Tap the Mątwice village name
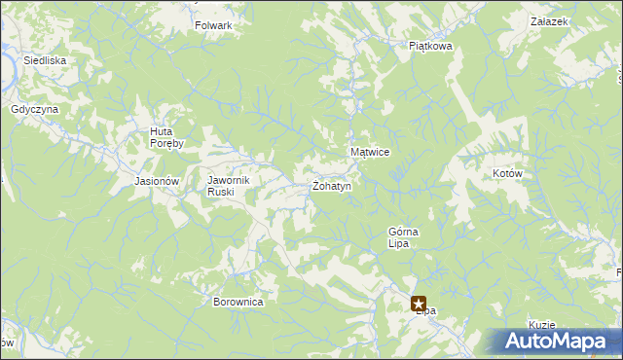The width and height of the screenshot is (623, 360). pyautogui.click(x=370, y=153)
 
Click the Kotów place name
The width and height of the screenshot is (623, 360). pyautogui.click(x=508, y=173)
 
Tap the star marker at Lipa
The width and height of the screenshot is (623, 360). pyautogui.click(x=419, y=304)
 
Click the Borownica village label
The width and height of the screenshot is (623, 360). pyautogui.click(x=238, y=302)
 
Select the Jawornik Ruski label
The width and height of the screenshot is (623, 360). pyautogui.click(x=230, y=186)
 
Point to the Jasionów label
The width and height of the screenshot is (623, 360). pyautogui.click(x=157, y=182)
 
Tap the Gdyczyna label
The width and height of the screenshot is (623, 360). pyautogui.click(x=35, y=109)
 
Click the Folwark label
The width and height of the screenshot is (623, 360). pyautogui.click(x=213, y=25)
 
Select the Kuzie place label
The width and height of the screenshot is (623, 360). pyautogui.click(x=542, y=324)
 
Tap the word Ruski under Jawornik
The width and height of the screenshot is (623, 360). pyautogui.click(x=220, y=192)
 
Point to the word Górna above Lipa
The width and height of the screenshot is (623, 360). pyautogui.click(x=403, y=232)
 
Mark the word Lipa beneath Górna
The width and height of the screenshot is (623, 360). pyautogui.click(x=397, y=243)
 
